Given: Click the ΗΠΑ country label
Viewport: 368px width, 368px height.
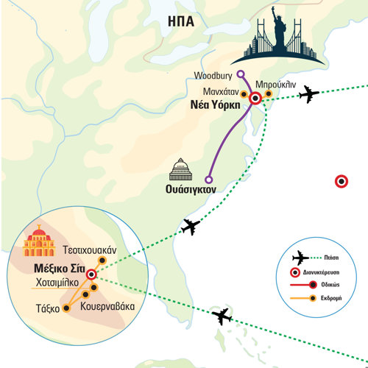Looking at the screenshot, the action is (181, 21).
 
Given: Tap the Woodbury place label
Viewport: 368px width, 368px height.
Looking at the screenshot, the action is (213, 76).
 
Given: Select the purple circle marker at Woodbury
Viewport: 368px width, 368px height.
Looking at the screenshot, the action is (241, 74).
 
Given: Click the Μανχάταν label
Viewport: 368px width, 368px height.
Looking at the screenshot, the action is (221, 92).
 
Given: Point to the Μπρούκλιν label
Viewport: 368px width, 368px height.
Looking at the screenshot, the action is (276, 85).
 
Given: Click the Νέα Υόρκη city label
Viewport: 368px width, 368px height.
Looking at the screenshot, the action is (216, 105).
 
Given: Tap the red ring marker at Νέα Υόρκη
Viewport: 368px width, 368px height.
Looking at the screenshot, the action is (255, 99).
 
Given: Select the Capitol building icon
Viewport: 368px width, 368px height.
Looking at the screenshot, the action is (180, 169).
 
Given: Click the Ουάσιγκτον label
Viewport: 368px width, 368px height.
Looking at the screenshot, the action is (191, 189).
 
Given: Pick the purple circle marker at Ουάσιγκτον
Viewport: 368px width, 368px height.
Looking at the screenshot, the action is (209, 180).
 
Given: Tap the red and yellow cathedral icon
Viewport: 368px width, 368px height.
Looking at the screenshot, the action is (39, 241).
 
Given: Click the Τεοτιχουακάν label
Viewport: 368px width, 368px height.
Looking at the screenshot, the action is (90, 250).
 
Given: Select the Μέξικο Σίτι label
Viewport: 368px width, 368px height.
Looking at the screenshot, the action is (60, 269).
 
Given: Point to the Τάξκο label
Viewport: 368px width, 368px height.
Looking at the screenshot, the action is (48, 308).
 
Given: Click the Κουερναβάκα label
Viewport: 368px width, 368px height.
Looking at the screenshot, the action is (107, 307).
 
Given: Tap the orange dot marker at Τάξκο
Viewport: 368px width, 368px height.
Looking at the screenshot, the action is (66, 308).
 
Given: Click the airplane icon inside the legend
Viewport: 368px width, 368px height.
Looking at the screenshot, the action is (300, 258).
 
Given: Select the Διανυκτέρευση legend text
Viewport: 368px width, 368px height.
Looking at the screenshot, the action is (321, 272).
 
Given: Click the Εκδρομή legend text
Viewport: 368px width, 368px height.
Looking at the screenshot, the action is (331, 298).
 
